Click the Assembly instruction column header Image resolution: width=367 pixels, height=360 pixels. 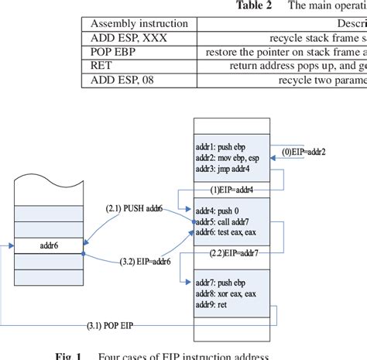pos(139,23)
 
